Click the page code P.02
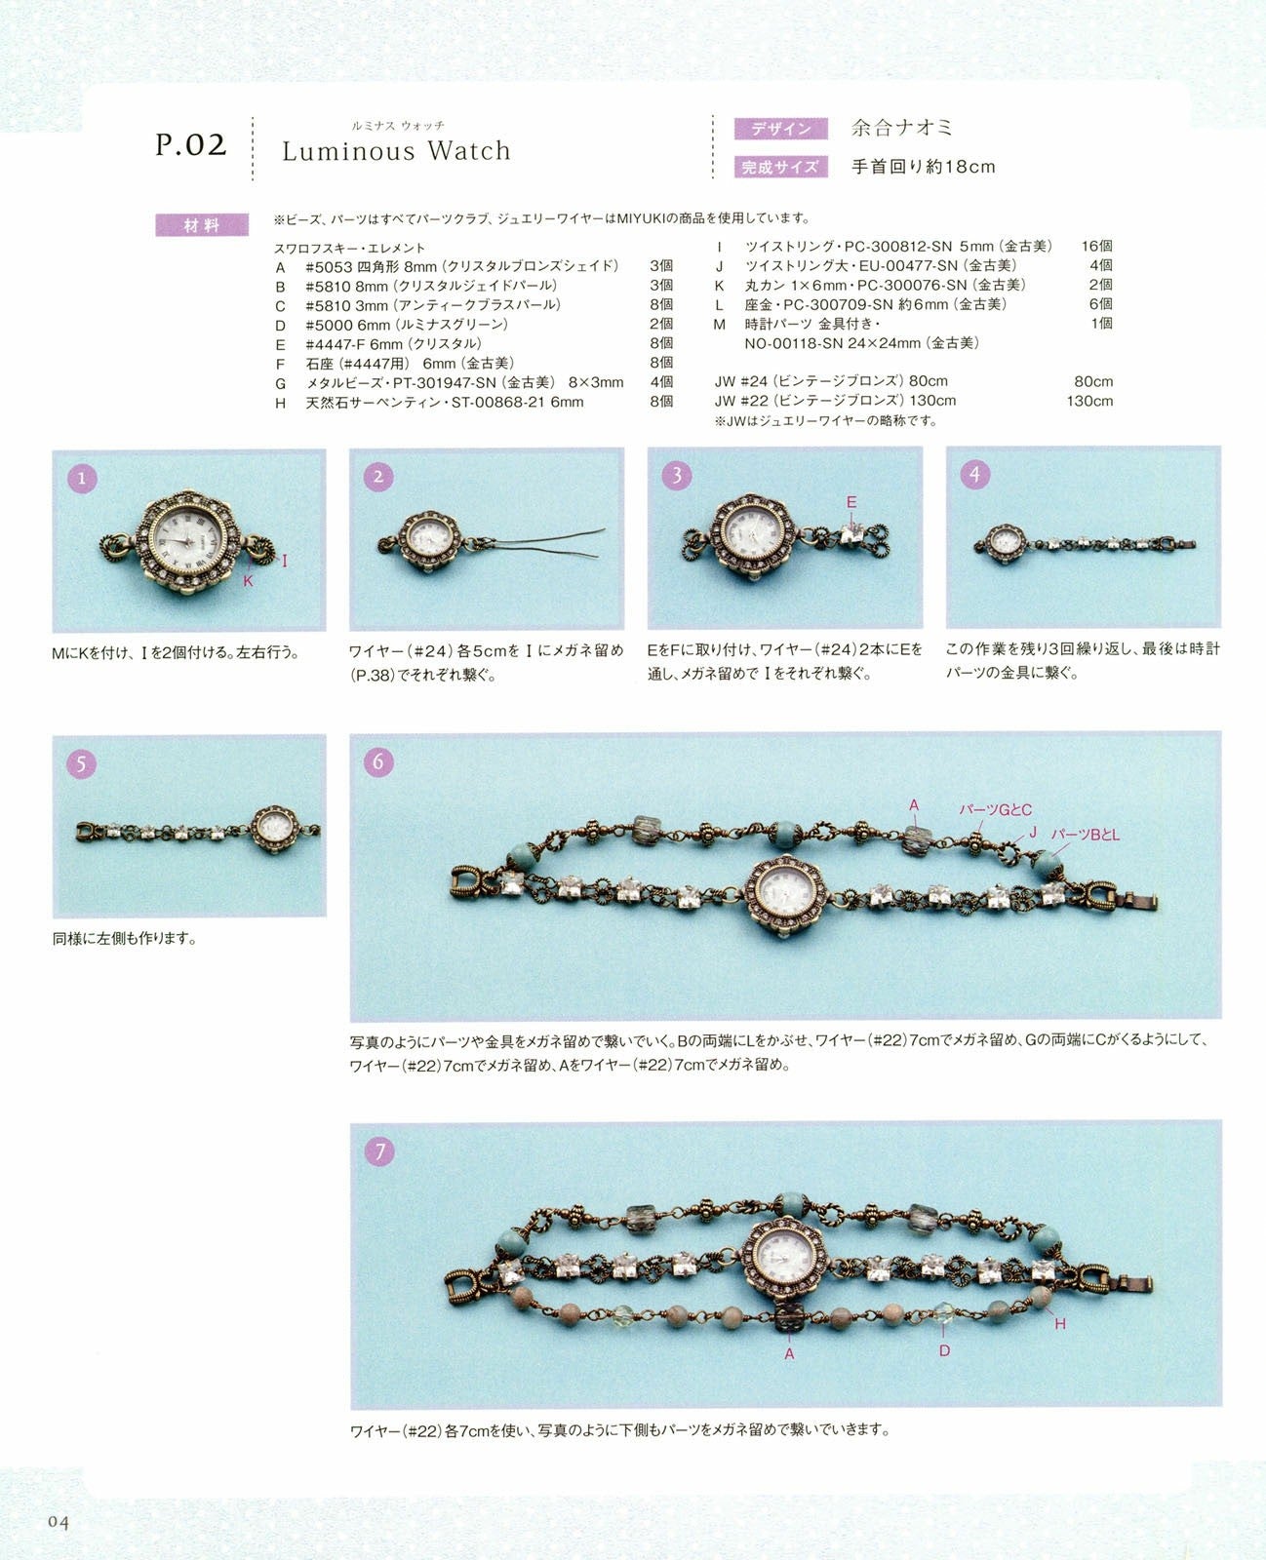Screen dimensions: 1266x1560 click(190, 145)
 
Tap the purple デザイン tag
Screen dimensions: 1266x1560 click(781, 129)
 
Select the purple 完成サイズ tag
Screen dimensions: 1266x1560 click(781, 167)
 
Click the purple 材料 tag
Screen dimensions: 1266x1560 click(202, 225)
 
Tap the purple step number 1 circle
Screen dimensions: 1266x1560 click(82, 479)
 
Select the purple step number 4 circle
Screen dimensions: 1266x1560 click(975, 475)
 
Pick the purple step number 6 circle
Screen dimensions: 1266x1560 click(378, 761)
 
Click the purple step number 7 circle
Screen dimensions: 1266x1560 click(379, 1151)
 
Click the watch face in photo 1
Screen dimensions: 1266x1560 click(187, 542)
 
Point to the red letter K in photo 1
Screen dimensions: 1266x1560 click(249, 581)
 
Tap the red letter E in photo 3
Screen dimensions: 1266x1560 click(851, 502)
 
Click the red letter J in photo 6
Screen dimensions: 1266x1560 click(1033, 833)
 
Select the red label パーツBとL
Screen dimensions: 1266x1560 click(1085, 835)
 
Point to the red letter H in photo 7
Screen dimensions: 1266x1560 click(1060, 1324)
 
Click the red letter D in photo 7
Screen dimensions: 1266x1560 click(944, 1350)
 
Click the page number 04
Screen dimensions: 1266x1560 click(59, 1523)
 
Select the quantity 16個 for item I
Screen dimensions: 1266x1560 click(1096, 246)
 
